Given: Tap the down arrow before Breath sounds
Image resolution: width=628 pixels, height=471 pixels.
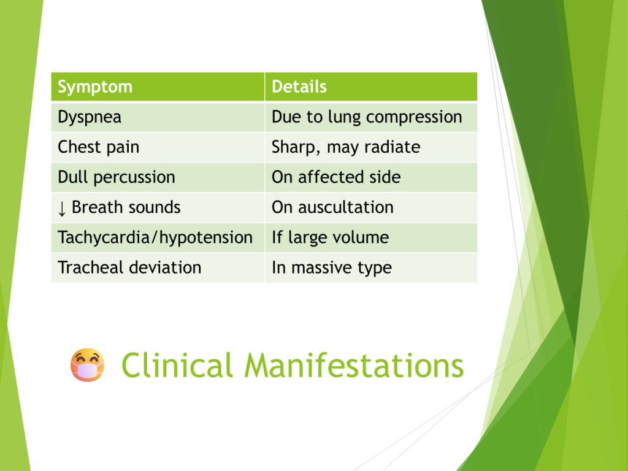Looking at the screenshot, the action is (62, 209).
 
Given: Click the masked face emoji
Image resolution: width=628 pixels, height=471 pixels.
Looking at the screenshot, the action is (87, 365).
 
